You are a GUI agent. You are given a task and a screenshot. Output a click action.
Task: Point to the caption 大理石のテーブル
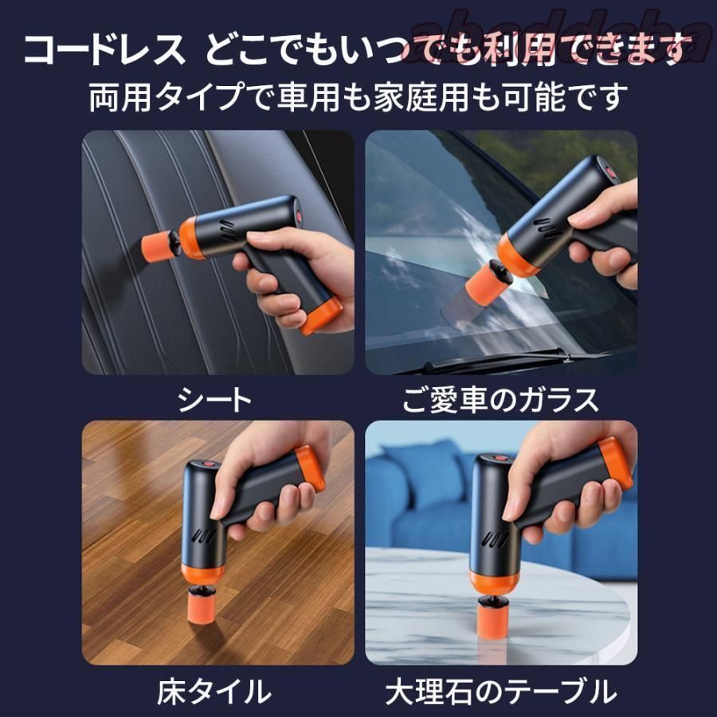click(500, 690)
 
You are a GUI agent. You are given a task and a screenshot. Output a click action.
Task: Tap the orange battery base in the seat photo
click(322, 315)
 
